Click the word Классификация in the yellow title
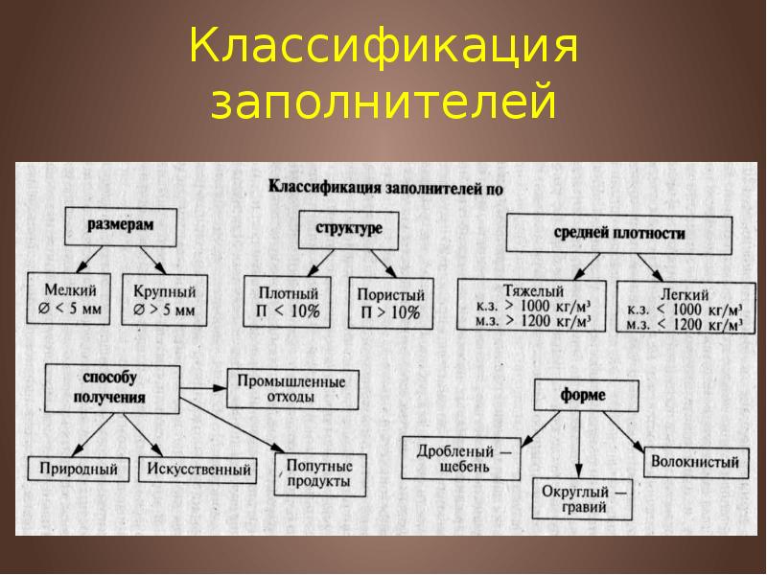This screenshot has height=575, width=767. click(x=383, y=48)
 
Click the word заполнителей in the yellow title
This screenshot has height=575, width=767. click(x=383, y=103)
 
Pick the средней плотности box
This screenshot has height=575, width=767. click(x=619, y=233)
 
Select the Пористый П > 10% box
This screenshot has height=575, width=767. click(x=389, y=302)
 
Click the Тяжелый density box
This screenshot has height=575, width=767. click(x=532, y=305)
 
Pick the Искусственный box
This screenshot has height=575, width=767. click(x=199, y=470)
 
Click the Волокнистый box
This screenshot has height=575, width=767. click(x=694, y=462)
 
